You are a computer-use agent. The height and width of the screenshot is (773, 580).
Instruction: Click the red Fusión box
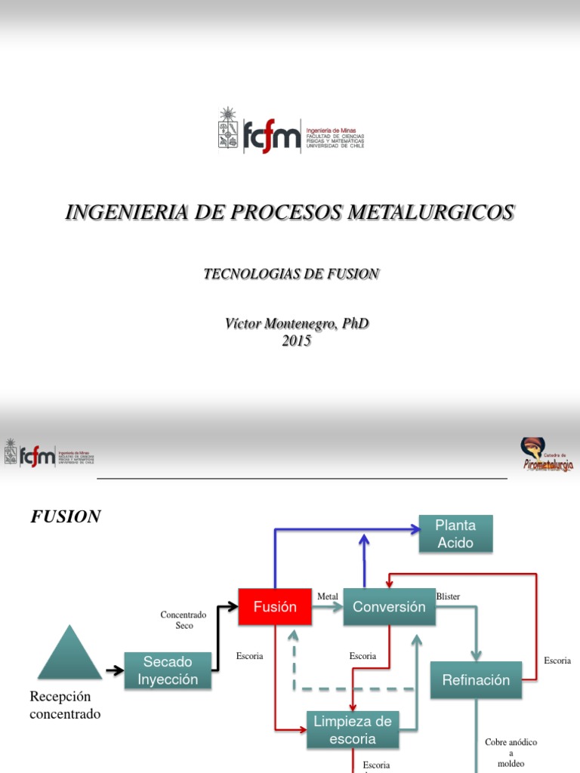point(275,607)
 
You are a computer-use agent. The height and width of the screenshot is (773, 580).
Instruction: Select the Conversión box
point(389,607)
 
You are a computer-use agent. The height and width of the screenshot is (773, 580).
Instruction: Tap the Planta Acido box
point(455,534)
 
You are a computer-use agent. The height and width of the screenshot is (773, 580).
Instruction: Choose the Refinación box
point(476,680)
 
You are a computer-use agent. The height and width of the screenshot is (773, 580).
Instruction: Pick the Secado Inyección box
point(168,670)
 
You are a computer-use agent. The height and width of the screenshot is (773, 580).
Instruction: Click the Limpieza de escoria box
point(353,730)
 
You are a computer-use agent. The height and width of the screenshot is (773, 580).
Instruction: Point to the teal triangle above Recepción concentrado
point(69,654)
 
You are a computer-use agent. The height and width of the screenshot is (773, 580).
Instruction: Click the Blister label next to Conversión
point(448,596)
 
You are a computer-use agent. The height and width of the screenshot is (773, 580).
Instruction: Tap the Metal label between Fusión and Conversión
point(328,596)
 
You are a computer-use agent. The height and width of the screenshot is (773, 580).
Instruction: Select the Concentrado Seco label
point(184,621)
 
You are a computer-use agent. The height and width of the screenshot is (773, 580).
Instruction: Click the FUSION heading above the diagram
point(66,517)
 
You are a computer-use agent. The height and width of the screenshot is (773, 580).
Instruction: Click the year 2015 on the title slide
point(297,341)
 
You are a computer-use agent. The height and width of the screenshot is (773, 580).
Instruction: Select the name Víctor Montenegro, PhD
point(297,324)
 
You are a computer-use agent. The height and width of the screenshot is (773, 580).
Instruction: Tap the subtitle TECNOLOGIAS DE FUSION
point(291,274)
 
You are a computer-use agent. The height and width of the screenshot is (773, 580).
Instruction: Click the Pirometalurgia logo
point(547,455)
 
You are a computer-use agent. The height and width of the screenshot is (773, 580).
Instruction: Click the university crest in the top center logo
point(228,130)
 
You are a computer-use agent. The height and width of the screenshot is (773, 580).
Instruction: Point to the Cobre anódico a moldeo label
point(511,753)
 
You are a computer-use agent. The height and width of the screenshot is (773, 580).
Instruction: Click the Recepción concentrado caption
point(65,705)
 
